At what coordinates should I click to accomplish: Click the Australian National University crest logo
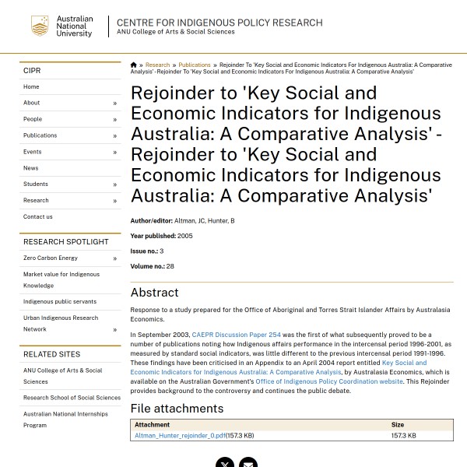pos(40,26)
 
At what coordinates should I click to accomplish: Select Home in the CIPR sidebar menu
pos(31,87)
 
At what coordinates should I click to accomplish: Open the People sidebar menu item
pos(33,119)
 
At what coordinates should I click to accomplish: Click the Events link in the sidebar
pos(33,152)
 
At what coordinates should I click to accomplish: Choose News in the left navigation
pos(31,168)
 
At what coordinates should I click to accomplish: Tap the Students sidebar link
pos(36,184)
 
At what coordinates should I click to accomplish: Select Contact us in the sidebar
pos(38,217)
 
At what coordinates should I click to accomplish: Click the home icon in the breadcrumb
pos(133,65)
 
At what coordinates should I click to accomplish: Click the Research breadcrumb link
pos(157,65)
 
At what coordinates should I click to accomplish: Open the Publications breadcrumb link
pos(195,65)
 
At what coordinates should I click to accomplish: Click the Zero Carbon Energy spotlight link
pos(51,258)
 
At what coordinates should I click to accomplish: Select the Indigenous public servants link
pos(60,302)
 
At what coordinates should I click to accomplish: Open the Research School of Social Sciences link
pos(72,398)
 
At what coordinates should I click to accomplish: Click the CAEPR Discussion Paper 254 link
pos(237,335)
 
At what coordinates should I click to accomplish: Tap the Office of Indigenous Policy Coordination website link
pos(329,381)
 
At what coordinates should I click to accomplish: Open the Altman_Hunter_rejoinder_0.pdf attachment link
pos(180,436)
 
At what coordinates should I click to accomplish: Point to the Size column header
pos(398,425)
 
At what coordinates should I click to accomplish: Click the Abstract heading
pos(155,293)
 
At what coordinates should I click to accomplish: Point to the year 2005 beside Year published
pos(185,236)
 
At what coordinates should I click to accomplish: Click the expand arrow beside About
pos(114,104)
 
